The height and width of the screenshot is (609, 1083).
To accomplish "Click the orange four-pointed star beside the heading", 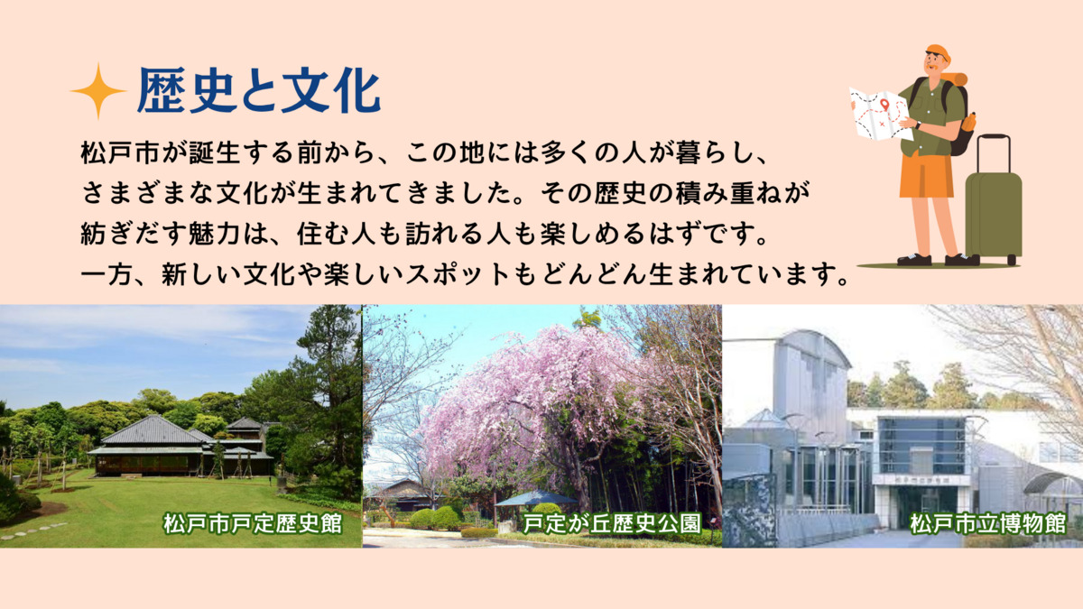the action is [x=98, y=91].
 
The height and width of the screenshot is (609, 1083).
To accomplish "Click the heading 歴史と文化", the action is [x=259, y=91].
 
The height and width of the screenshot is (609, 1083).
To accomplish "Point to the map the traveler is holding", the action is [x=879, y=114].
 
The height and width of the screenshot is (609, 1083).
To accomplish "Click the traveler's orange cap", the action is [x=939, y=52].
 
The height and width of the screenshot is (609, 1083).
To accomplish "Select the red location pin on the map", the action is [x=884, y=105].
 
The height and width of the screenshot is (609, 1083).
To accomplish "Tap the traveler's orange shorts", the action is [x=927, y=175].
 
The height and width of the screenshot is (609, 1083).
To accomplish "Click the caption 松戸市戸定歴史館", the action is [x=253, y=523].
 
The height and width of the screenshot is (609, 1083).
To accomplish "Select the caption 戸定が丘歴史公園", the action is [x=612, y=523].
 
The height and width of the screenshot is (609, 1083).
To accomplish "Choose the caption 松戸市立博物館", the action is [x=987, y=523].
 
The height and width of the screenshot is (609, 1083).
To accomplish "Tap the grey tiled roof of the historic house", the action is [x=153, y=430].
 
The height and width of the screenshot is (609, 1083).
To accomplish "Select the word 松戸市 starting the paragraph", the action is [x=120, y=152].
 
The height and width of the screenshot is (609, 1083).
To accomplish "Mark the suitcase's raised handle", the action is [x=994, y=153].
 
